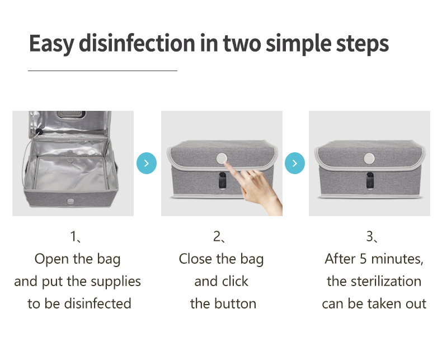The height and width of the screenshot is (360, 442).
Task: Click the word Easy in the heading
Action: (x=51, y=44)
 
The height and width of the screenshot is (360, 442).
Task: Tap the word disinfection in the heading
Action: (x=137, y=43)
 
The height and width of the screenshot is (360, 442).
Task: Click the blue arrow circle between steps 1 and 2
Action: (x=147, y=163)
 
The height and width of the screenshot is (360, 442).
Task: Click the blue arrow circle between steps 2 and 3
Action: (x=295, y=163)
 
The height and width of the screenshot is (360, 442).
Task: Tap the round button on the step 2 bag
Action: (x=222, y=158)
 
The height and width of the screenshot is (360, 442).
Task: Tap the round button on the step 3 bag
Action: (x=369, y=158)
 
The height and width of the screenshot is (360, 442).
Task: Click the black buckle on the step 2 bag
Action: (x=223, y=180)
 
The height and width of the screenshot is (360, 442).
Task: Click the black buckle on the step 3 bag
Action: (x=370, y=180)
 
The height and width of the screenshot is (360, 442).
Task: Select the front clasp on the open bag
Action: (x=70, y=201)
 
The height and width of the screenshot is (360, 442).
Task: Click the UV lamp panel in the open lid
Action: (x=70, y=115)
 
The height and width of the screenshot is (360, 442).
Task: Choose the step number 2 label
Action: (x=217, y=236)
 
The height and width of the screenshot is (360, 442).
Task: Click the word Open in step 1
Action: (x=51, y=260)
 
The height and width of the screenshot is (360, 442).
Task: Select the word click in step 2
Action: (x=236, y=281)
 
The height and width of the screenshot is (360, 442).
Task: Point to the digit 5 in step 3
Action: (x=363, y=259)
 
